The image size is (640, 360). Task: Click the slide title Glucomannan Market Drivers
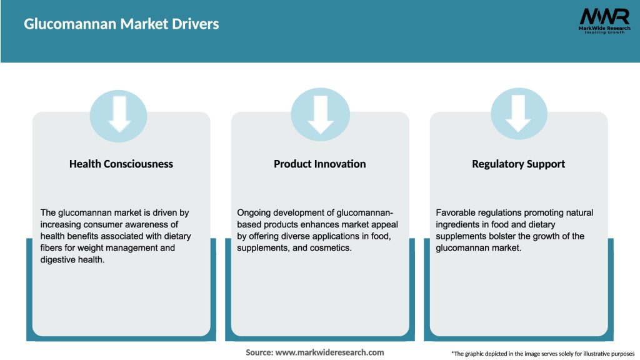pyautogui.click(x=121, y=24)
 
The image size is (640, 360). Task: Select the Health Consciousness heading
pyautogui.click(x=121, y=164)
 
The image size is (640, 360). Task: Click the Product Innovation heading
pyautogui.click(x=320, y=164)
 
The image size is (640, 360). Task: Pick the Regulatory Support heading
pyautogui.click(x=518, y=164)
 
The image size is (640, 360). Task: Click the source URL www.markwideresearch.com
pyautogui.click(x=330, y=352)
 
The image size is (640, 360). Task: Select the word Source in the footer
pyautogui.click(x=259, y=352)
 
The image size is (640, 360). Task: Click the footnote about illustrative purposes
pyautogui.click(x=542, y=354)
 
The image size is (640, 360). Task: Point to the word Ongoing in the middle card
pyautogui.click(x=254, y=212)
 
